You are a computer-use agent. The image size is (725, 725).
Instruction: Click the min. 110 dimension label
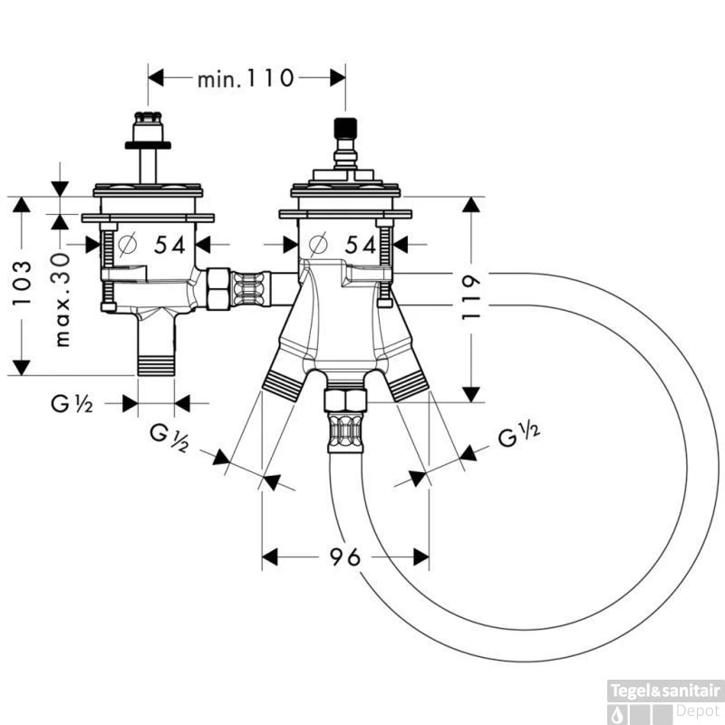246,79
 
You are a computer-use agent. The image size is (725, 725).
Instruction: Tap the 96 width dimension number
345,556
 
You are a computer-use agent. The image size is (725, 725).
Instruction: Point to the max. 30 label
62,299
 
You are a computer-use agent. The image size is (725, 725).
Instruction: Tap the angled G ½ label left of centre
169,439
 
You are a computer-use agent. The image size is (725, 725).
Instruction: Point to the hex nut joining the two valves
217,288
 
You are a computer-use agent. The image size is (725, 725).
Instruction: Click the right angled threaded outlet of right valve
408,382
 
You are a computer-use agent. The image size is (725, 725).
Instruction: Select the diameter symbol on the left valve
126,244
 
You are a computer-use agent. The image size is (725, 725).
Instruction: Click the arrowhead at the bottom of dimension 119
470,393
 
